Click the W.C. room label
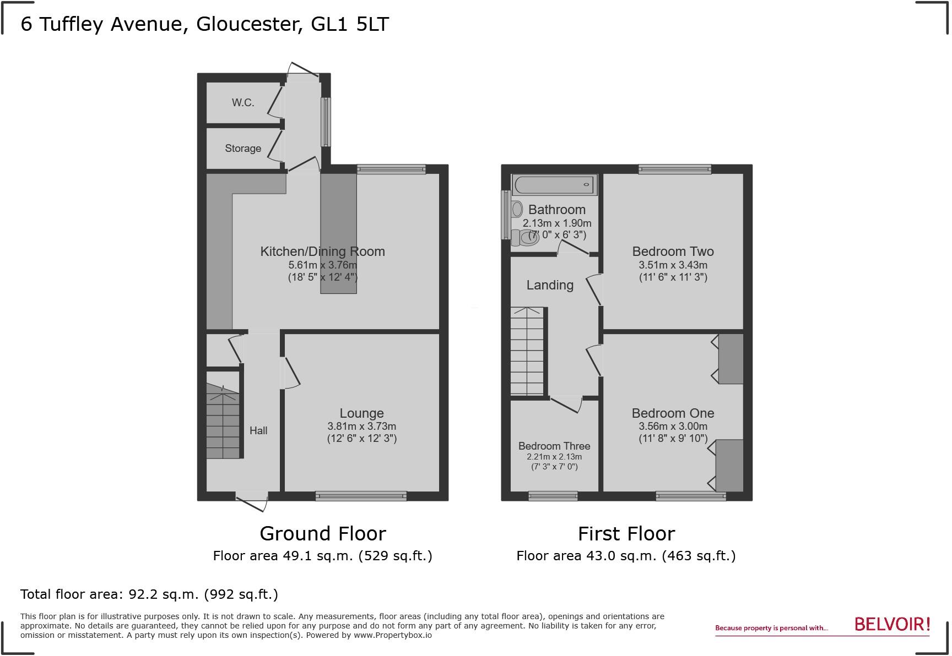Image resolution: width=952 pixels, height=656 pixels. (x=243, y=103)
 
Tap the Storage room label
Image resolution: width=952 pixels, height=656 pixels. (x=243, y=149)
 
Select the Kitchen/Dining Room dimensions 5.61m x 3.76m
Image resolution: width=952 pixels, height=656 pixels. (x=322, y=265)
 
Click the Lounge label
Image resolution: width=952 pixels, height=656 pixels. (x=361, y=413)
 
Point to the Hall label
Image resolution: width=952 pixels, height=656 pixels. (x=258, y=431)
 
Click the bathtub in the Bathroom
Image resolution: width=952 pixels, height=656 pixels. (x=554, y=185)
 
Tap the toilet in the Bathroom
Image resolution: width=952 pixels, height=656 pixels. (x=518, y=237)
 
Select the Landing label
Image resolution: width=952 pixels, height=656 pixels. (x=550, y=285)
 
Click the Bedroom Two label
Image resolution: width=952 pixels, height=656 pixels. (x=673, y=252)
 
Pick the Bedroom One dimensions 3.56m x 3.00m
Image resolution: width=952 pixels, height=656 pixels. (x=673, y=427)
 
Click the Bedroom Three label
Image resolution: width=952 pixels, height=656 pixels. (x=554, y=446)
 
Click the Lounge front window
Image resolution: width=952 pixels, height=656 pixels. (x=361, y=496)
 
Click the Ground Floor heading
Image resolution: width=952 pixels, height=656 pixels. (x=322, y=534)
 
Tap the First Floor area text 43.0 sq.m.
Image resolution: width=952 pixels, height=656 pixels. (x=626, y=556)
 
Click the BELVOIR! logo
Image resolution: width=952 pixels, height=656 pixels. (x=892, y=625)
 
